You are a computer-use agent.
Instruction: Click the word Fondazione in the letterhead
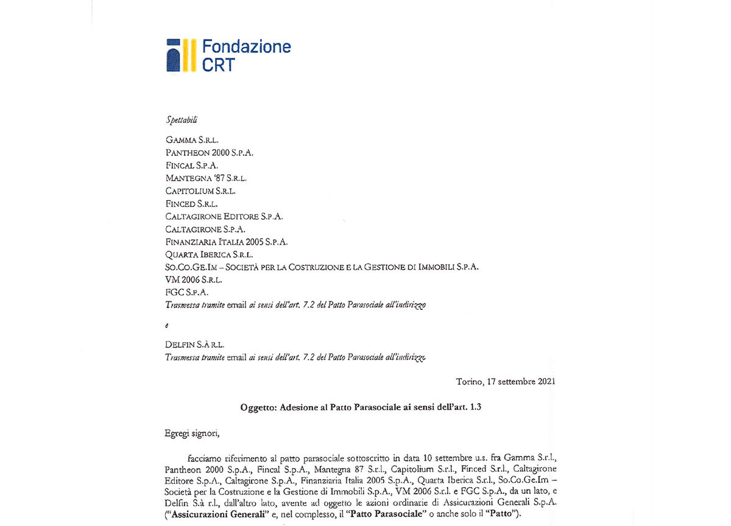point(246,47)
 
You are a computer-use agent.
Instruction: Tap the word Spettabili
point(182,120)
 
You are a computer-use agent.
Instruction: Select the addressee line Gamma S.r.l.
point(192,140)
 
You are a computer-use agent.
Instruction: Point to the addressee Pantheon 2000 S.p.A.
point(209,153)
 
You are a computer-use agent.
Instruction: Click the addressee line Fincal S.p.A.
point(192,166)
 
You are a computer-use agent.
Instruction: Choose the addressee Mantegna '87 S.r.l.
point(206,178)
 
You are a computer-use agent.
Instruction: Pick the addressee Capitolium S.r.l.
point(200,191)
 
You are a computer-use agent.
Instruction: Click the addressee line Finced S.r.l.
point(191,204)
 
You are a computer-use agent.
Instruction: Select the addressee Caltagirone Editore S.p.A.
point(224,217)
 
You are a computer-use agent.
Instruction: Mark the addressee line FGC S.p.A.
point(187,293)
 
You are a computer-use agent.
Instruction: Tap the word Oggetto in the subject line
point(259,408)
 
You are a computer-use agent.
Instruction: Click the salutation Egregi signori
point(191,434)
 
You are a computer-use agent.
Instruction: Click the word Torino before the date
point(469,382)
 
